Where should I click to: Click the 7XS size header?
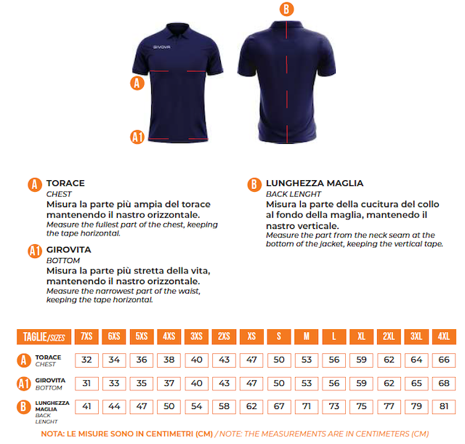pos(86,336)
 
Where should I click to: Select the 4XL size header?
pos(444,336)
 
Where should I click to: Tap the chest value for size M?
pos(307,360)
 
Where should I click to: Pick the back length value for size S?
pos(279,406)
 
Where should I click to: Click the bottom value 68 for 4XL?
pos(444,383)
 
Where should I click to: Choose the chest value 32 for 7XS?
pos(86,360)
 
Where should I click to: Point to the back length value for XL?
pos(362,406)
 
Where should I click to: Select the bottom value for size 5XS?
pos(142,383)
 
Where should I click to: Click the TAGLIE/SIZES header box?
pos(44,336)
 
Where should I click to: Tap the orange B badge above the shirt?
pos(286,9)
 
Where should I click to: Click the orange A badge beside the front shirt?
pos(137,83)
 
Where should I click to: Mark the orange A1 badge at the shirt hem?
pos(137,137)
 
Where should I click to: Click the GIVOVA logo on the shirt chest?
pos(161,47)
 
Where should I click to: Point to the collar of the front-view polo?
pos(177,31)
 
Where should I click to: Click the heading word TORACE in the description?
pos(65,183)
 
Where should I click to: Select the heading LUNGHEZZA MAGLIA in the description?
pos(315,183)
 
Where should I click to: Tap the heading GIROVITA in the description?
pos(69,250)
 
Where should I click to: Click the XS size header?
pos(251,336)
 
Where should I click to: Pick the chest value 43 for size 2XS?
pos(225,360)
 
